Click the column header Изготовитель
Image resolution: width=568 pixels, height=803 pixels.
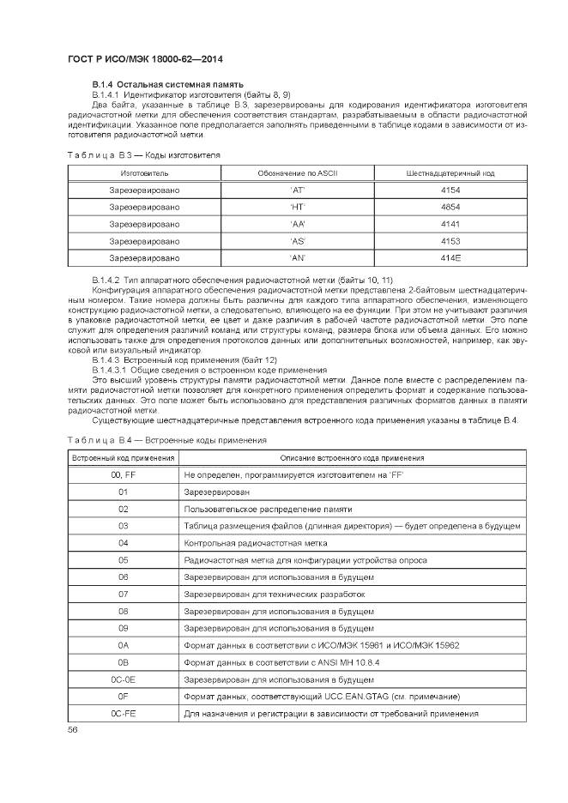[144, 173]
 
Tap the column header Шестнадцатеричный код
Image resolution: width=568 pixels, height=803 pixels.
[450, 173]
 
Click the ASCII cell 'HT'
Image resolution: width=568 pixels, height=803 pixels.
[299, 207]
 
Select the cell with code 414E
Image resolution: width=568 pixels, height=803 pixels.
[450, 257]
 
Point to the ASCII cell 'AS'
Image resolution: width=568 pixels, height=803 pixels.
[299, 241]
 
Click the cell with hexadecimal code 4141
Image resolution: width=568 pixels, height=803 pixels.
[450, 224]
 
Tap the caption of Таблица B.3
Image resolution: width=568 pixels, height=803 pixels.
[143, 154]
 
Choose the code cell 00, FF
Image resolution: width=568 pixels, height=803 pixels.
[123, 474]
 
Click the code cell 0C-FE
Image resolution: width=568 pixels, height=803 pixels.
[123, 713]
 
